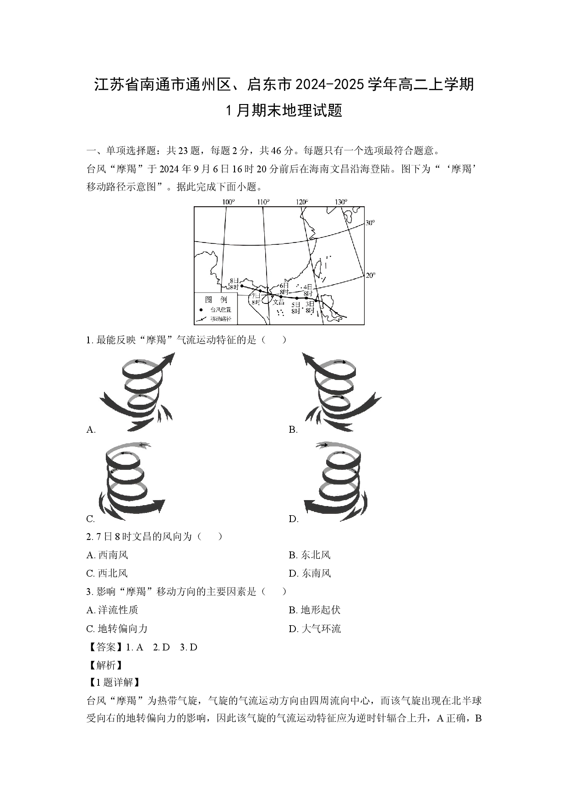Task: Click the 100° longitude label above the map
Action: point(228,202)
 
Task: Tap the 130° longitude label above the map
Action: point(341,202)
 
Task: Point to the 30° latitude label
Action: point(370,223)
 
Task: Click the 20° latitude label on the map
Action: point(370,275)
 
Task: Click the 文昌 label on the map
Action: point(279,302)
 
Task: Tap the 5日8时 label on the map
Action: point(296,308)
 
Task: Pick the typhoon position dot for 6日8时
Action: point(281,297)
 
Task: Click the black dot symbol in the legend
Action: point(201,310)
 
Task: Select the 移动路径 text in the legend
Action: point(221,319)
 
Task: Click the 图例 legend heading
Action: point(216,299)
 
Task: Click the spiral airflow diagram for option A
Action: point(137,392)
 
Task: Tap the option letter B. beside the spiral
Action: point(293,430)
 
